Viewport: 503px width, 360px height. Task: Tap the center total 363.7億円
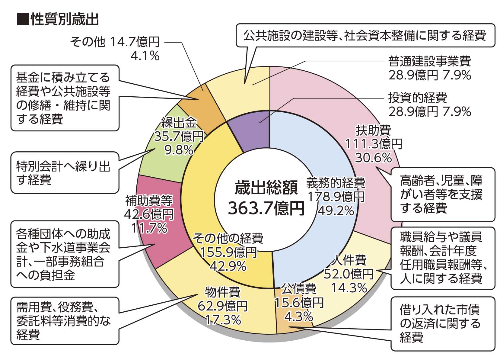266,208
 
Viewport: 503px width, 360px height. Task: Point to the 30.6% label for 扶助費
373,158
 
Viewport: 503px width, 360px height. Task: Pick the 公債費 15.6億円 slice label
299,302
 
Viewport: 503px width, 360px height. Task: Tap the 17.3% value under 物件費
223,320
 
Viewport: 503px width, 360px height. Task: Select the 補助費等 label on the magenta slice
149,200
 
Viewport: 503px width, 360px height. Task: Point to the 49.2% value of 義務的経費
336,211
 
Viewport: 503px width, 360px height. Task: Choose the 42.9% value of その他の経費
228,266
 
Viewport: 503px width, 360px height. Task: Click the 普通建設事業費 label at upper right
429,62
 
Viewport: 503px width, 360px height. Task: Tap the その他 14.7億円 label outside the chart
115,42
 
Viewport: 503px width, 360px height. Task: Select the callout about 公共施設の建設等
365,35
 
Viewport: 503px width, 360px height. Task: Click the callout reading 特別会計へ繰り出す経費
64,173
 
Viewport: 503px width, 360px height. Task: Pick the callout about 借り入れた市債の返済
443,323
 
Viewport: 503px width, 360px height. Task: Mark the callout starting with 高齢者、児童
443,194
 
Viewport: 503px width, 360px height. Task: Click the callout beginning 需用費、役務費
64,321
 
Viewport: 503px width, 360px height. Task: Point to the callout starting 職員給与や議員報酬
443,258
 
